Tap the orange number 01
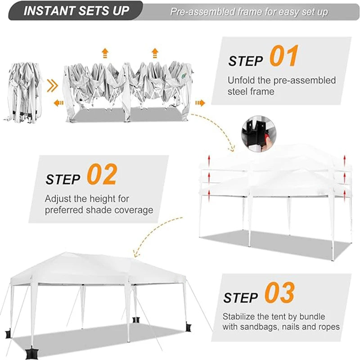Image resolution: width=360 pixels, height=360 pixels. click(x=283, y=57)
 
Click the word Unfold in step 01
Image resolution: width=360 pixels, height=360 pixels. click(x=242, y=81)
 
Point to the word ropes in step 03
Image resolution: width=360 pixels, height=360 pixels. click(x=328, y=327)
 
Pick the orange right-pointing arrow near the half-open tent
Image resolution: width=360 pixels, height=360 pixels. click(x=200, y=103)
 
